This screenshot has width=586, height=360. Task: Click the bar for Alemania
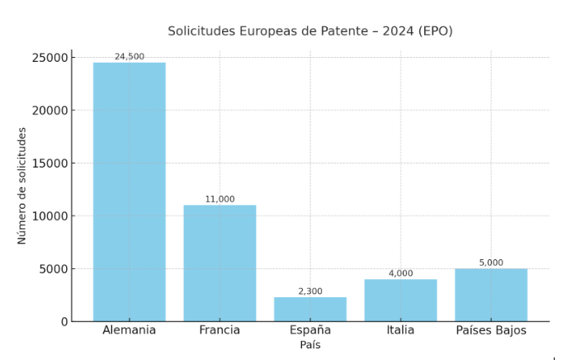pyautogui.click(x=129, y=192)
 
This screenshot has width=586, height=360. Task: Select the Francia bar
pyautogui.click(x=220, y=263)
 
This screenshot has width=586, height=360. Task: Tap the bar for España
pyautogui.click(x=310, y=309)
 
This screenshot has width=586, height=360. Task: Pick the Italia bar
pyautogui.click(x=400, y=300)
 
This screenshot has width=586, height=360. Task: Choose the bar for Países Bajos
pyautogui.click(x=491, y=295)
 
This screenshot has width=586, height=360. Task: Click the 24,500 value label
pyautogui.click(x=129, y=57)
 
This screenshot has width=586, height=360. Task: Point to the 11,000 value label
pyautogui.click(x=220, y=199)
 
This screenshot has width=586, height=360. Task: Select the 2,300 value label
pyautogui.click(x=310, y=291)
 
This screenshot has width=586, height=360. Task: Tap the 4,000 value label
pyautogui.click(x=400, y=273)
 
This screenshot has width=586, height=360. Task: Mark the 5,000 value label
pyautogui.click(x=491, y=263)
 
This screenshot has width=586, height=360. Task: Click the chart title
pyautogui.click(x=310, y=31)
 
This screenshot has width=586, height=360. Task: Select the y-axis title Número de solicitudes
pyautogui.click(x=22, y=185)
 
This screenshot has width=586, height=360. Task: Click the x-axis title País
pyautogui.click(x=310, y=345)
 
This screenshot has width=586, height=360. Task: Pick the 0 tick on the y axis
pyautogui.click(x=64, y=322)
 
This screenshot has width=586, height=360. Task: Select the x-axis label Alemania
pyautogui.click(x=129, y=330)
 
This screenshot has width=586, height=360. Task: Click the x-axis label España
pyautogui.click(x=310, y=330)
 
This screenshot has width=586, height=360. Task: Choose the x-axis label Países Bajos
pyautogui.click(x=491, y=330)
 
